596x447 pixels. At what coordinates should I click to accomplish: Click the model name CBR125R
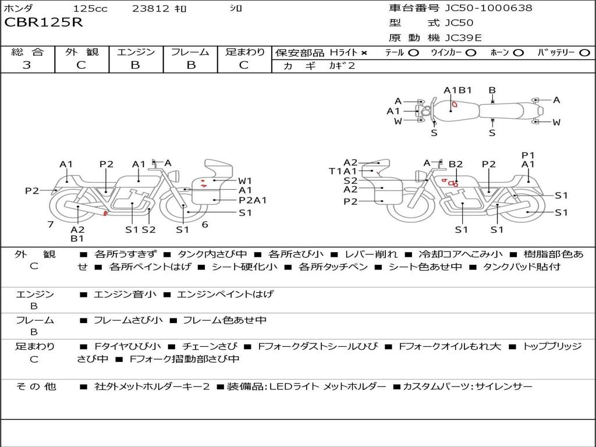point(44,23)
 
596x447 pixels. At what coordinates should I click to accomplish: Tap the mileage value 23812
point(151,9)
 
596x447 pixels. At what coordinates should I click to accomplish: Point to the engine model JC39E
point(463,38)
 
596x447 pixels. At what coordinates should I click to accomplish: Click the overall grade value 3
point(27,65)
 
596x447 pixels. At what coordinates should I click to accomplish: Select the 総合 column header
point(27,52)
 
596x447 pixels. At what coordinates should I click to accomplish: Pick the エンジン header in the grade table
point(136,52)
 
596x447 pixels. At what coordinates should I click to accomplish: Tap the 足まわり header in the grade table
point(245,52)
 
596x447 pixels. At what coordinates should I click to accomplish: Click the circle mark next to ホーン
point(519,52)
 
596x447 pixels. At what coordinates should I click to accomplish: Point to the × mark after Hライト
point(364,52)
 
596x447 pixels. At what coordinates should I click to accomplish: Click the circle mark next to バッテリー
point(585,52)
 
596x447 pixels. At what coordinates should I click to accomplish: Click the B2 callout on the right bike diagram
point(456,164)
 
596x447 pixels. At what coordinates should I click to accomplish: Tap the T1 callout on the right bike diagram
point(335,171)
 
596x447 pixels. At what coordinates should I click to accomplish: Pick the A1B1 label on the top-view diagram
point(457,90)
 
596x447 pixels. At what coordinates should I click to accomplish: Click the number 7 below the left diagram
point(51,224)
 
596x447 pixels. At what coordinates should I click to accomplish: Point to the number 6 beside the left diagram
point(205,224)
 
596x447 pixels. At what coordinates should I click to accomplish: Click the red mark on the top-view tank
point(455,105)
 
